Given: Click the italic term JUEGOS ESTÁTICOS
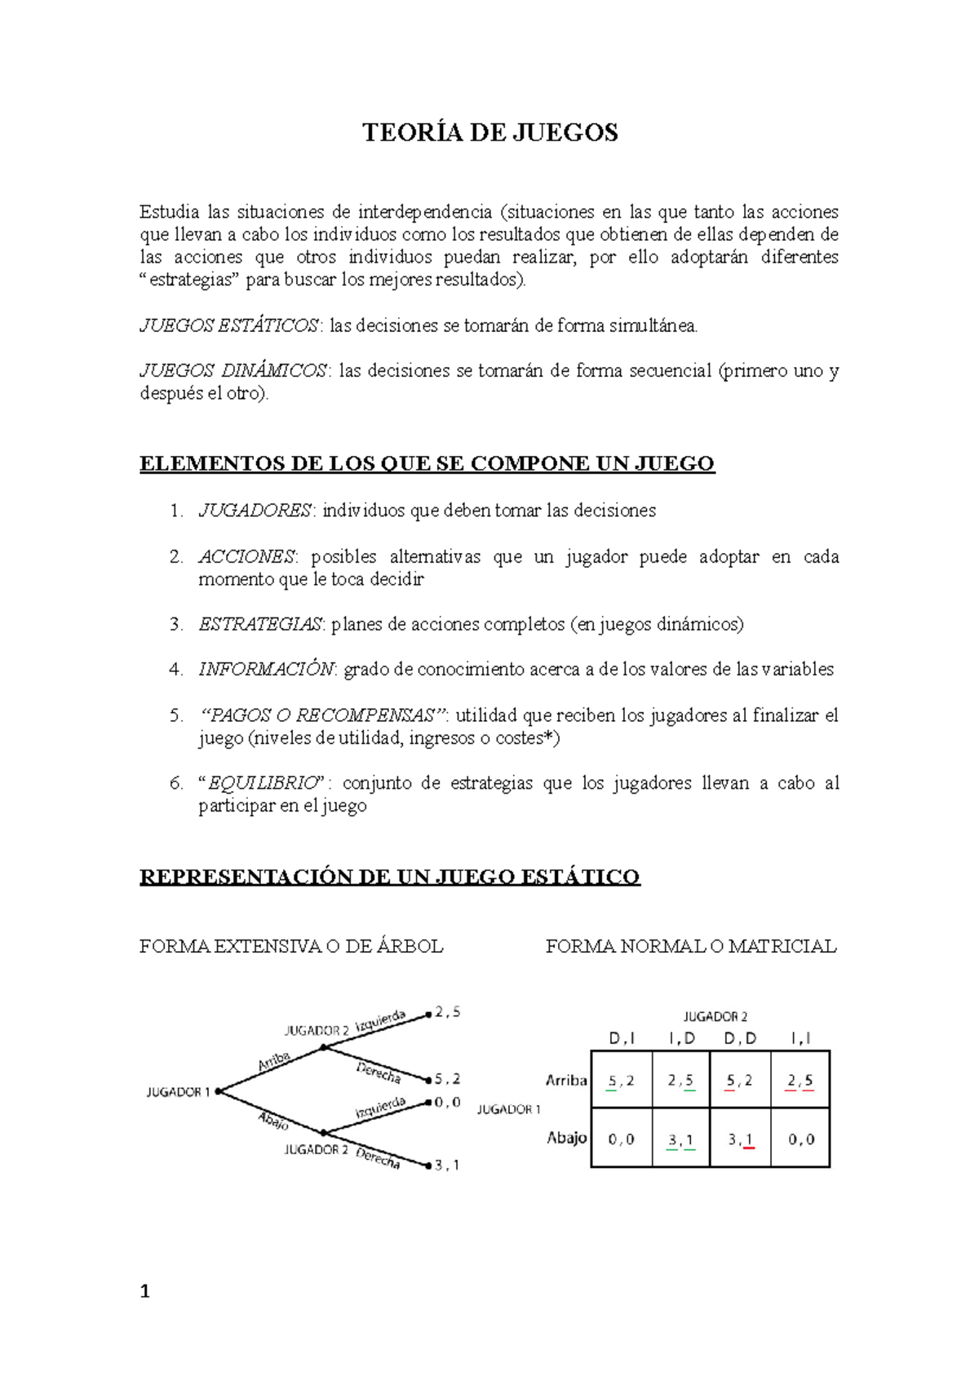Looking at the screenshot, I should pos(229,325).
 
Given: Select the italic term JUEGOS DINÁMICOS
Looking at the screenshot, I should pos(233,370).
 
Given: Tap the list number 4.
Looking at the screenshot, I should pos(176,670).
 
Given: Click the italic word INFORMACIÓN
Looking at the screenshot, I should pos(266,670).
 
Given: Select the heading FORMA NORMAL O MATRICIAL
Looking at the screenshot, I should pos(691,946).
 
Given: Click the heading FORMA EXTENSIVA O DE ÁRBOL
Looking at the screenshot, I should pos(291,946).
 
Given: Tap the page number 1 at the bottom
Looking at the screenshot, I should pos(145,1291).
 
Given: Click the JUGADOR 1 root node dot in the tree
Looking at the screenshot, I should pos(219,1091).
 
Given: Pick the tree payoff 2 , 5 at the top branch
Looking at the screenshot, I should pos(447,1012).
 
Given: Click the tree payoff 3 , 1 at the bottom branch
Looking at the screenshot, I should pos(447,1166).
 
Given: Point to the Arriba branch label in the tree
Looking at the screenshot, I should pos(274,1061).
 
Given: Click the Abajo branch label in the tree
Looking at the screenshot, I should pos(273,1121).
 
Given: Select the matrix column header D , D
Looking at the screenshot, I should pos(740,1038).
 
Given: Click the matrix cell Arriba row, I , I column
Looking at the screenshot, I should pos(800,1080).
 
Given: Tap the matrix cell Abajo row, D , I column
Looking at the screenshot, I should pos(621,1139).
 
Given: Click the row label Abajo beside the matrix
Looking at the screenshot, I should pos(567,1138).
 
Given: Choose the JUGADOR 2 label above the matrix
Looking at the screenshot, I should pos(715,1016).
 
